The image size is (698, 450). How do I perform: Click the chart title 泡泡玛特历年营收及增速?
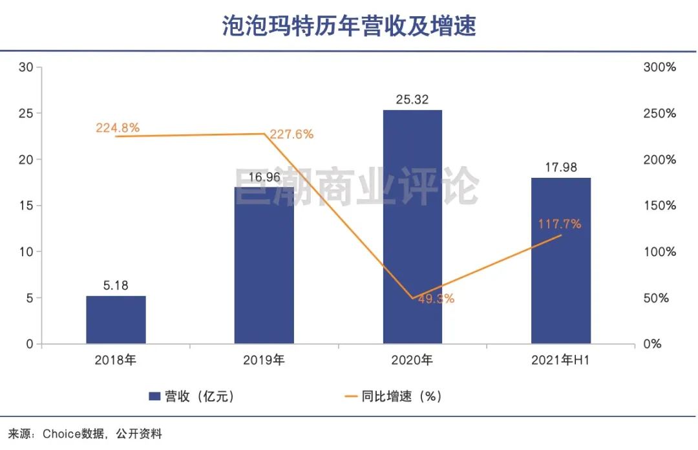coord(349,26)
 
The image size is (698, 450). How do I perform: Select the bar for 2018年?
coord(116,319)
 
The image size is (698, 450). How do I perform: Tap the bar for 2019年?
coord(264,265)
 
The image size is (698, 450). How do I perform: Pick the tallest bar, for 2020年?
coord(412,226)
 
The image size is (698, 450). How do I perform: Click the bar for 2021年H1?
coord(561,261)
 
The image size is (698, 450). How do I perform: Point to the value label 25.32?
coord(412,100)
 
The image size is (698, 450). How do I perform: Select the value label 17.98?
coord(561,167)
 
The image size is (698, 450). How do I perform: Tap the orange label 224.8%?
coord(118,127)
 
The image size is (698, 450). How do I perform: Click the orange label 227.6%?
coord(292,134)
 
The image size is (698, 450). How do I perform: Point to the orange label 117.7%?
coord(560,224)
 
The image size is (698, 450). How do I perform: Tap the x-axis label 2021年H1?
coord(561,361)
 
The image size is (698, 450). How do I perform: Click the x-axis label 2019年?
coord(264,361)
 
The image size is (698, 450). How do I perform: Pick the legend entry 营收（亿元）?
coord(192,396)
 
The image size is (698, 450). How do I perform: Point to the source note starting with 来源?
coord(85,434)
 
